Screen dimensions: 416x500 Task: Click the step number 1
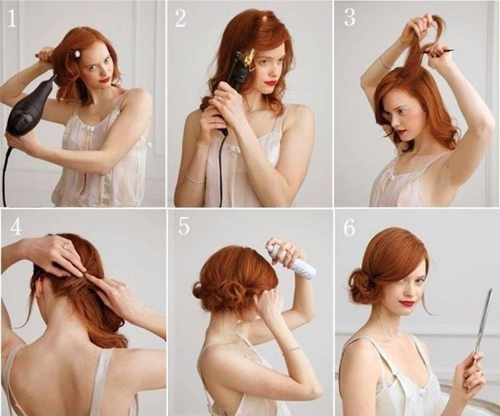point(11,19)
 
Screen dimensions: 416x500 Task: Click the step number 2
point(181,19)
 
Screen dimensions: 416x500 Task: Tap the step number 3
point(349,18)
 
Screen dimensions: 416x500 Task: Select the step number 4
point(15,227)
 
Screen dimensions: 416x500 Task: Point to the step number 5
point(183,226)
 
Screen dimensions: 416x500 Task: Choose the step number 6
point(349,227)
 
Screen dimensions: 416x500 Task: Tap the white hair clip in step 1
point(77,53)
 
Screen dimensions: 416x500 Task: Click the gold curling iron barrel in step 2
point(247,60)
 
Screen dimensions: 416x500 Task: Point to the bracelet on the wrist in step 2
point(194,179)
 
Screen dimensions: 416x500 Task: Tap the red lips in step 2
point(271,83)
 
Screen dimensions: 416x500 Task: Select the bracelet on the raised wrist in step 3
point(386,63)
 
